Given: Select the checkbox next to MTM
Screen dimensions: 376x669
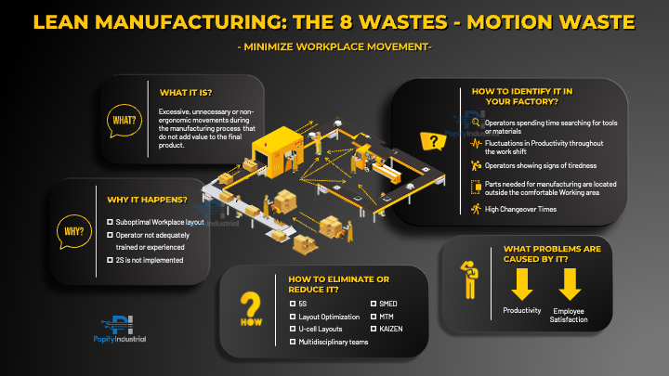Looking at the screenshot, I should tap(374, 317).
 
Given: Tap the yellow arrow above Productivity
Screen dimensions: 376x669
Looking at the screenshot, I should tap(521, 284).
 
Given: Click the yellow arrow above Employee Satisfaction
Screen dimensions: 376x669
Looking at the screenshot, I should tap(569, 284).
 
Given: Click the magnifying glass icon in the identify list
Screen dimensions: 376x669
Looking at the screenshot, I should tap(477, 123).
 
